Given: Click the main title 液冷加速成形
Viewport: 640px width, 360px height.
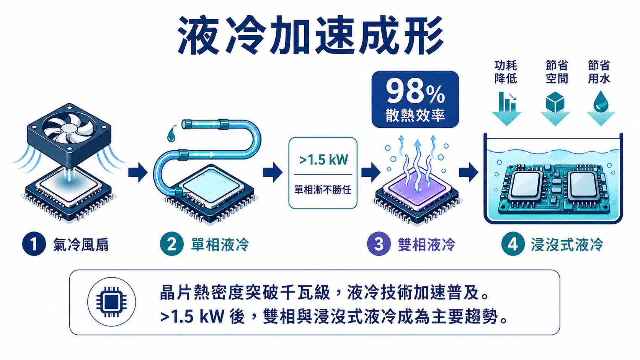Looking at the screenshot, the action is pyautogui.click(x=310, y=35).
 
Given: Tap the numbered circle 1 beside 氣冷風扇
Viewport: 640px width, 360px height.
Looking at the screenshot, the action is pyautogui.click(x=34, y=244).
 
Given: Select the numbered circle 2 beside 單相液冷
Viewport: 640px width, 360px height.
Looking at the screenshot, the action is pyautogui.click(x=172, y=244).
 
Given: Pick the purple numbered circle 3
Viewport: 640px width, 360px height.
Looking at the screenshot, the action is pyautogui.click(x=379, y=244).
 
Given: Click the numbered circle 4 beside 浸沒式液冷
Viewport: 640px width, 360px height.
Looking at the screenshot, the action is pyautogui.click(x=513, y=244).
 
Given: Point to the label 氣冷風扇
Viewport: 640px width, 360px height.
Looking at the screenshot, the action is pyautogui.click(x=81, y=245).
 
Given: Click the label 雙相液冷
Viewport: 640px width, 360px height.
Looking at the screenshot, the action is pyautogui.click(x=426, y=245).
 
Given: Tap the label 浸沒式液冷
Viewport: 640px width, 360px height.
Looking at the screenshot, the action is pyautogui.click(x=567, y=245).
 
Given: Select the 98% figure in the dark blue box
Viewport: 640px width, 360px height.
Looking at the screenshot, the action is pyautogui.click(x=415, y=91).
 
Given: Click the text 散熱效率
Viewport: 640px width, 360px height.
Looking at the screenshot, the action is pyautogui.click(x=415, y=115).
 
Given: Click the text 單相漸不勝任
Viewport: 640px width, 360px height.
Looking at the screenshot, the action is pyautogui.click(x=323, y=189).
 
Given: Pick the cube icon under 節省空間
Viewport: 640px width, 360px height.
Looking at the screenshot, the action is pyautogui.click(x=555, y=102).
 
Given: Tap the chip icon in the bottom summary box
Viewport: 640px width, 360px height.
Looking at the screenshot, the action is pyautogui.click(x=111, y=302).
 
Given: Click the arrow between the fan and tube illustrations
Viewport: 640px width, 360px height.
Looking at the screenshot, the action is pyautogui.click(x=138, y=172).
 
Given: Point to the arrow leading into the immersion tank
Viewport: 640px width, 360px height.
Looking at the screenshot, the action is pyautogui.click(x=469, y=172).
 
